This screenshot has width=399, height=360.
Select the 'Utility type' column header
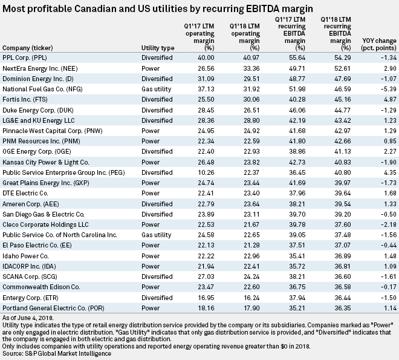coord(140,47)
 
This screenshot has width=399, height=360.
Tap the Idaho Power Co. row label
coord(28,245)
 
